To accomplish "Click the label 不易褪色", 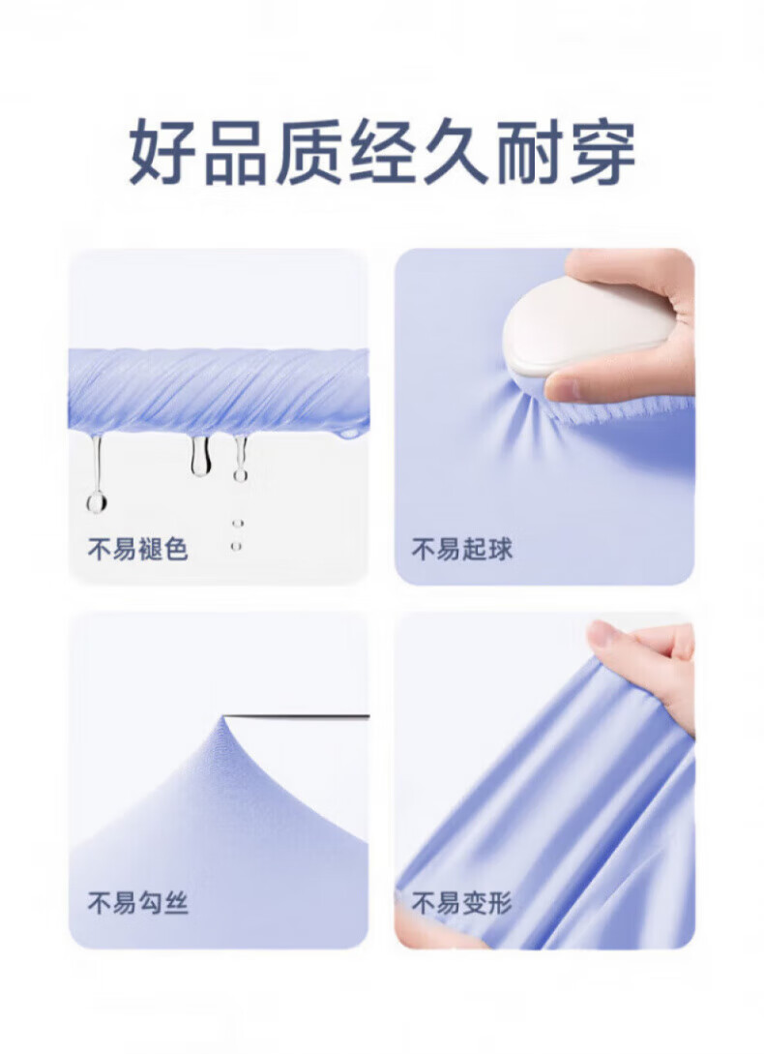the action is click(137, 549).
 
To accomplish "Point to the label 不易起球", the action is click(461, 549).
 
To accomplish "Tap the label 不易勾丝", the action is click(137, 903).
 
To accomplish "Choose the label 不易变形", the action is click(461, 903).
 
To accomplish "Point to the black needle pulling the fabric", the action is click(298, 716).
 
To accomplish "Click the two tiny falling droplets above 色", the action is click(237, 534).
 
